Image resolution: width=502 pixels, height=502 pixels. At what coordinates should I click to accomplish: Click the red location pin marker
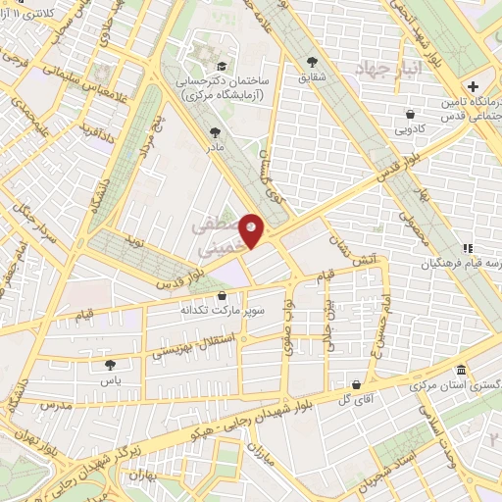(252, 229)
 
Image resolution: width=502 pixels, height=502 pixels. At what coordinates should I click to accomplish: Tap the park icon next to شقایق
(312, 60)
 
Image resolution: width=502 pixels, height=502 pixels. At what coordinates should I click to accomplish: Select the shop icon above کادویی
(409, 113)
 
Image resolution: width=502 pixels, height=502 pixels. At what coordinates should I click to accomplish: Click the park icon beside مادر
(215, 131)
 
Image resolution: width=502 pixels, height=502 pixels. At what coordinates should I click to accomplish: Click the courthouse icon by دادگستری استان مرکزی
(462, 371)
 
